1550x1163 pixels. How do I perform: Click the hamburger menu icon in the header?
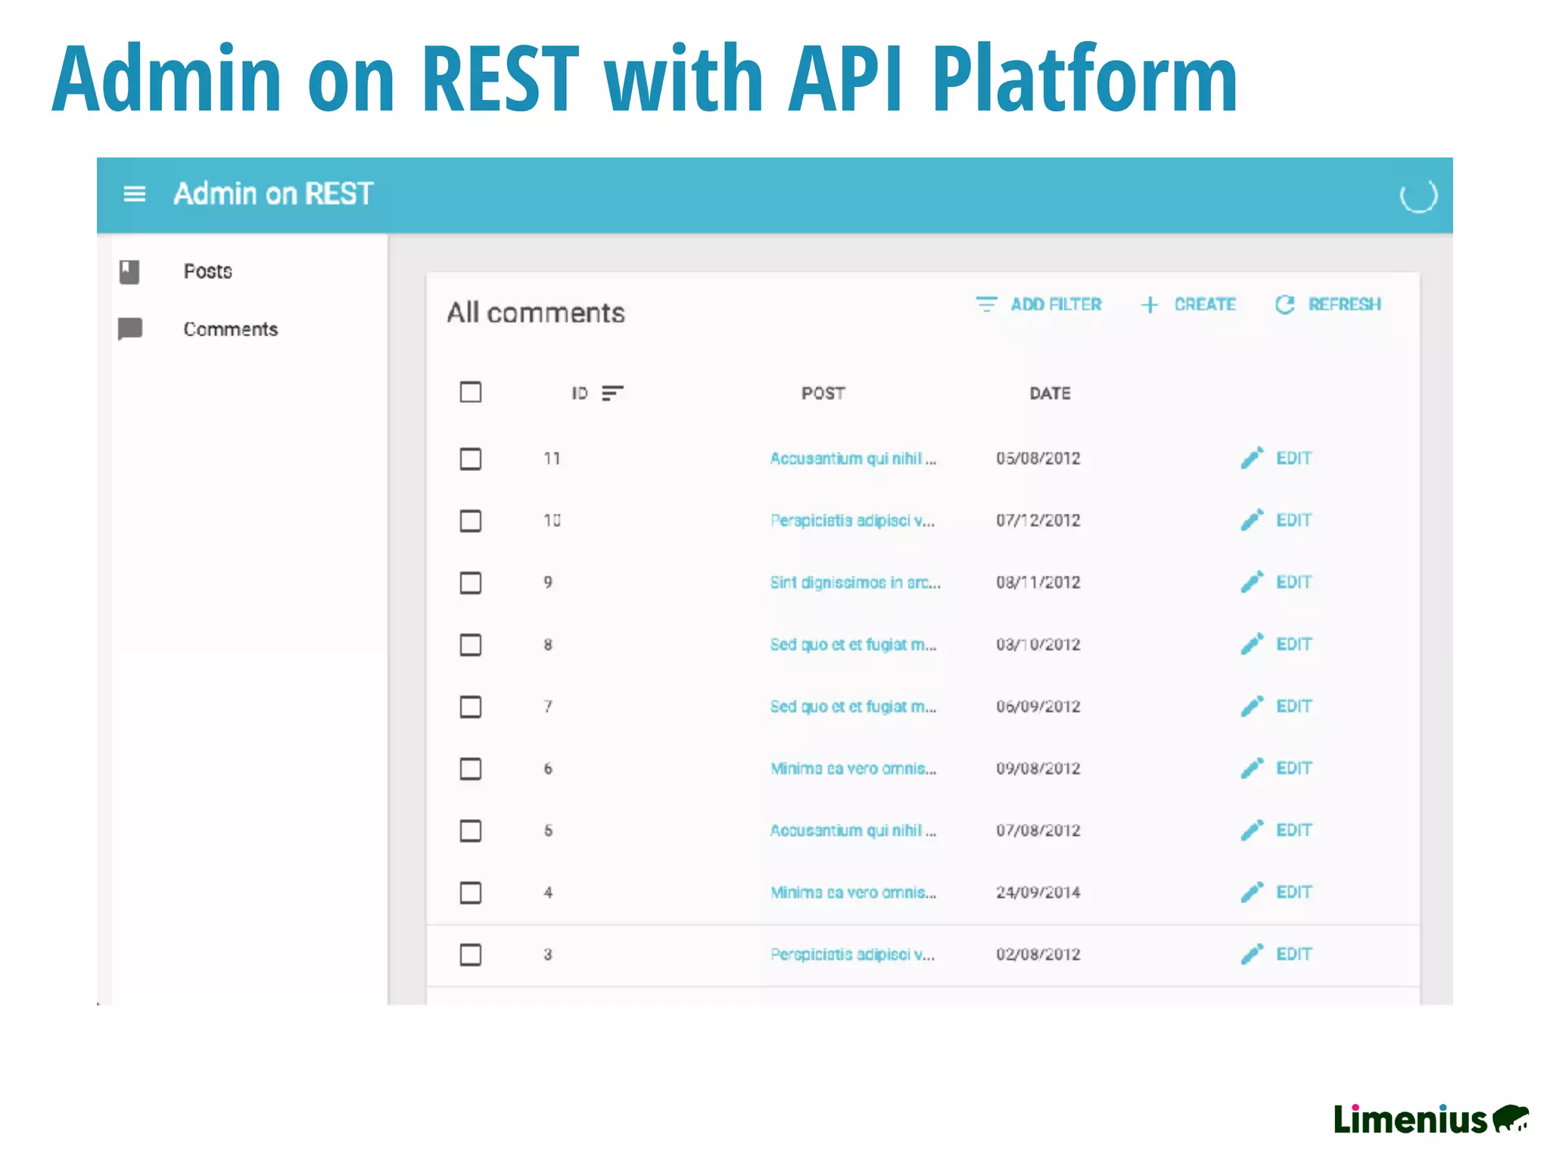134,194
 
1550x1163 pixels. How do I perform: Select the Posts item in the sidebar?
207,271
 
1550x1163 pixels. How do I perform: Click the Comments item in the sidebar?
230,329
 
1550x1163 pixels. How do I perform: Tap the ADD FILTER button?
1039,304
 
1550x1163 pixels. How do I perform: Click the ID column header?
580,393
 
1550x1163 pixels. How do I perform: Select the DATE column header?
1050,393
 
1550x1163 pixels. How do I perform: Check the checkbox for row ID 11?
471,459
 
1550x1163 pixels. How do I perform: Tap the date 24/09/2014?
1038,893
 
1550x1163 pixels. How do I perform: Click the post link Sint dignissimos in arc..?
854,582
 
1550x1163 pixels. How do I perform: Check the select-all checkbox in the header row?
471,392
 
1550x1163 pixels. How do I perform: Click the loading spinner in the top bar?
1418,195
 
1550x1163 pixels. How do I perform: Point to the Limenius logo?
1430,1119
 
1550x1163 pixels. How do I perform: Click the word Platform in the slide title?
1083,79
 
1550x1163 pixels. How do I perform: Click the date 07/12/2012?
1038,520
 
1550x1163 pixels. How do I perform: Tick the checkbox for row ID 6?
471,769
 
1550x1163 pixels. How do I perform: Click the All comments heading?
535,313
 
